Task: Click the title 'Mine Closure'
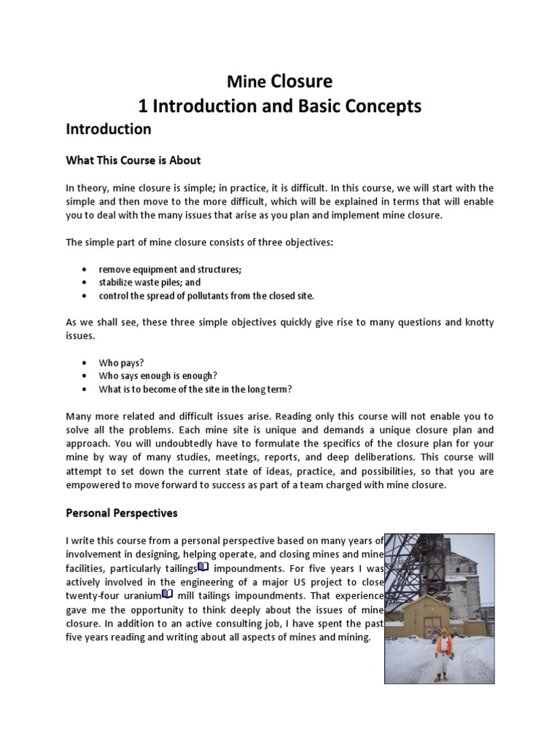click(280, 81)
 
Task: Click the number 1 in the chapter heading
click(144, 106)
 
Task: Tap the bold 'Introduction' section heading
click(109, 130)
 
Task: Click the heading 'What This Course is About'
click(133, 160)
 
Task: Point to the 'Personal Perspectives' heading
click(121, 513)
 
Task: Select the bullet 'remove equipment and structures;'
click(171, 269)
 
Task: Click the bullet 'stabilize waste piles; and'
click(149, 282)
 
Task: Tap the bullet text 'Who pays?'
click(122, 362)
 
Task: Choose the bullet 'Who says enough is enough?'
click(158, 375)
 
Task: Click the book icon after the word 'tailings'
click(203, 567)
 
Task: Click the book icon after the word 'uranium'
click(167, 594)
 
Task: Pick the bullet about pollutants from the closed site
click(206, 295)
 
